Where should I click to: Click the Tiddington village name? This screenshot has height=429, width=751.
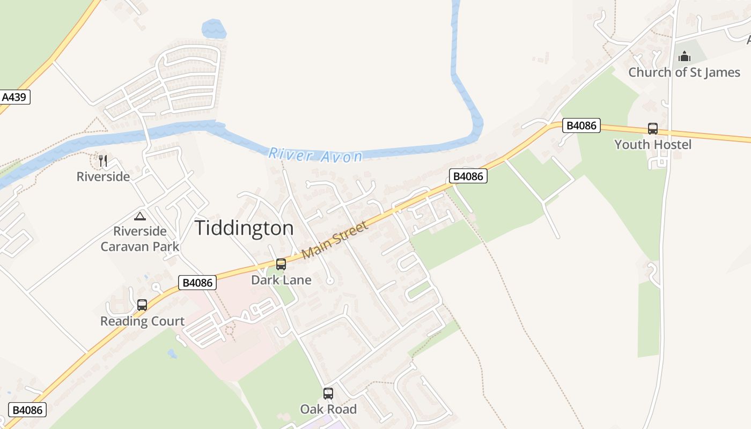coord(244,228)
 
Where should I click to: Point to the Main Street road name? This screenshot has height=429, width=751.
coord(336,240)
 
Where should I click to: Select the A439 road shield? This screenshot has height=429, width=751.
coord(14,97)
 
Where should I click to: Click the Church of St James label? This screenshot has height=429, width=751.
coord(684,72)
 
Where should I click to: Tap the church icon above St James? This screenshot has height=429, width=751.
coord(684,56)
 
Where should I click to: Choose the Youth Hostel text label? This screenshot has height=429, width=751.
coord(653,144)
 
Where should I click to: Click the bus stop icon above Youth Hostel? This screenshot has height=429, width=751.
coord(653,129)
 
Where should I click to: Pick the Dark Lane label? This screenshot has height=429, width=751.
coord(281,280)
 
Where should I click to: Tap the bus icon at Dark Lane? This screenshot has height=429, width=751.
coord(281,264)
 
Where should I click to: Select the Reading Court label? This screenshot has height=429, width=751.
coord(142,321)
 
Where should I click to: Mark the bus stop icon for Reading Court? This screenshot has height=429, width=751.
coord(142,305)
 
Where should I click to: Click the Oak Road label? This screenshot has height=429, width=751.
coord(328,409)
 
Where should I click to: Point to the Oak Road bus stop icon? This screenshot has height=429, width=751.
coord(328,394)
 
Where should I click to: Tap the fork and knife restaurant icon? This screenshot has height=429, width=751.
coord(103,160)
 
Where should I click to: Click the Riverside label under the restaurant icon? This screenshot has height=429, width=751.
coord(103,176)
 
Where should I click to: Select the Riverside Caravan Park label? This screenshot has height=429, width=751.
coord(140,239)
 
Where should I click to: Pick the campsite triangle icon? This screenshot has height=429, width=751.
coord(140,216)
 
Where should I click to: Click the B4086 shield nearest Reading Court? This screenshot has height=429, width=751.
coord(197,283)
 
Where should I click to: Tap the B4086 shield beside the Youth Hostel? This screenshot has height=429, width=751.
coord(581,125)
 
